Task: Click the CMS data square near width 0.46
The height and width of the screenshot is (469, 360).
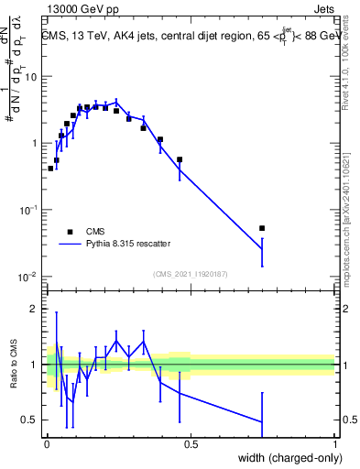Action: pyautogui.click(x=180, y=159)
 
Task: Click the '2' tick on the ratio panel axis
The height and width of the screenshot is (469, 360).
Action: pyautogui.click(x=37, y=309)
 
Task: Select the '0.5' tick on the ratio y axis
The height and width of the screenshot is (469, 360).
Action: pyautogui.click(x=32, y=420)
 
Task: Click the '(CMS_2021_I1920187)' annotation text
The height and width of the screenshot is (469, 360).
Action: pyautogui.click(x=191, y=274)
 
